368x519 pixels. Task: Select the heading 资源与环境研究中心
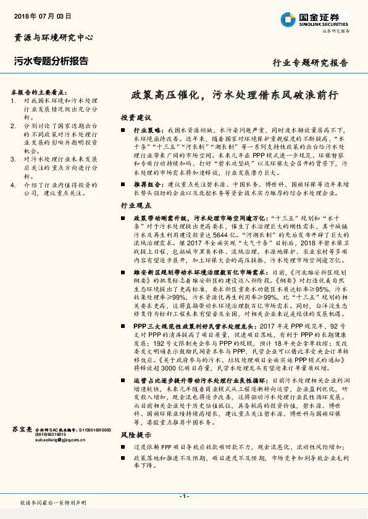(x=54, y=38)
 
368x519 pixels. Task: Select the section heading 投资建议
(x=135, y=117)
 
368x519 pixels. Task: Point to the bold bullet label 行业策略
(x=148, y=131)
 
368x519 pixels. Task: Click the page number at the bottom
(x=183, y=496)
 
